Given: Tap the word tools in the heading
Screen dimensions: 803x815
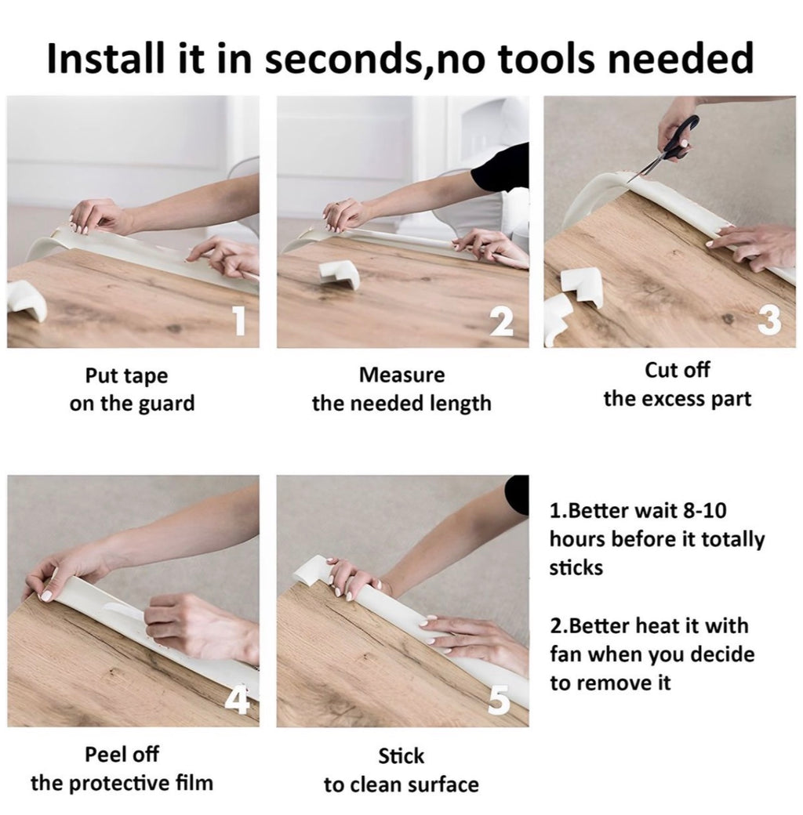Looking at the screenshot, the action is pyautogui.click(x=546, y=58).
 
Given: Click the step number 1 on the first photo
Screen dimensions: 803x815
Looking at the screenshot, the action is pyautogui.click(x=238, y=321).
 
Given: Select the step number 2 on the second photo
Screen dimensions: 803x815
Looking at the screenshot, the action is pyautogui.click(x=501, y=322).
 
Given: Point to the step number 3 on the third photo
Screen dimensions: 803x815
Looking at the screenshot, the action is pyautogui.click(x=770, y=320).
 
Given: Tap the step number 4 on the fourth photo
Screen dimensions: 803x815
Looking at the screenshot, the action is pyautogui.click(x=237, y=700).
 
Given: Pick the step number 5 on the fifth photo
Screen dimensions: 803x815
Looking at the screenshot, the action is pyautogui.click(x=500, y=700).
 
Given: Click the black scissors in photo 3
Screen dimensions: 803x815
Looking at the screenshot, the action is pyautogui.click(x=668, y=147).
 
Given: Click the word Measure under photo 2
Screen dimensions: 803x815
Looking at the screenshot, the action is pyautogui.click(x=401, y=375).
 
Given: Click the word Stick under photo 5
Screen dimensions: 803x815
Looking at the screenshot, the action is pyautogui.click(x=401, y=756).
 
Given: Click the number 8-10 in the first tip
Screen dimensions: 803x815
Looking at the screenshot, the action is pyautogui.click(x=704, y=510).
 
